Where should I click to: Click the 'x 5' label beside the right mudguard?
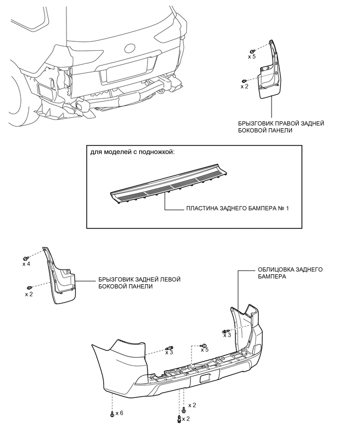click(x=252, y=57)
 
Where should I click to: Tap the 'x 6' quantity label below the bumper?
click(x=119, y=412)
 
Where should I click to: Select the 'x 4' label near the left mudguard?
click(x=27, y=264)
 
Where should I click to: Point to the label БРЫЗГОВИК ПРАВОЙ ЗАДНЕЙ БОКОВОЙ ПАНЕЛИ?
click(x=281, y=127)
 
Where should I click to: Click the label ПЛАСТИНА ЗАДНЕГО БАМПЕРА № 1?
click(x=238, y=208)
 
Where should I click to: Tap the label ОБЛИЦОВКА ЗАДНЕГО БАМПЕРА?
click(x=290, y=273)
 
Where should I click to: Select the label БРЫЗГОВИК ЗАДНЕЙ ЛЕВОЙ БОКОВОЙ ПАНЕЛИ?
click(x=140, y=283)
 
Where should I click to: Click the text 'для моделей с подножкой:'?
click(x=132, y=152)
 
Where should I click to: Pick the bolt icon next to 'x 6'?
click(x=112, y=414)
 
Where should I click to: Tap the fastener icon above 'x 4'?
click(x=25, y=258)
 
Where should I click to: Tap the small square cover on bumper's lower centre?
click(x=204, y=379)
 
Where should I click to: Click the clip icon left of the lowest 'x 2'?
click(x=179, y=419)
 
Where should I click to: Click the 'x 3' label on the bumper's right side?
click(x=227, y=336)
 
